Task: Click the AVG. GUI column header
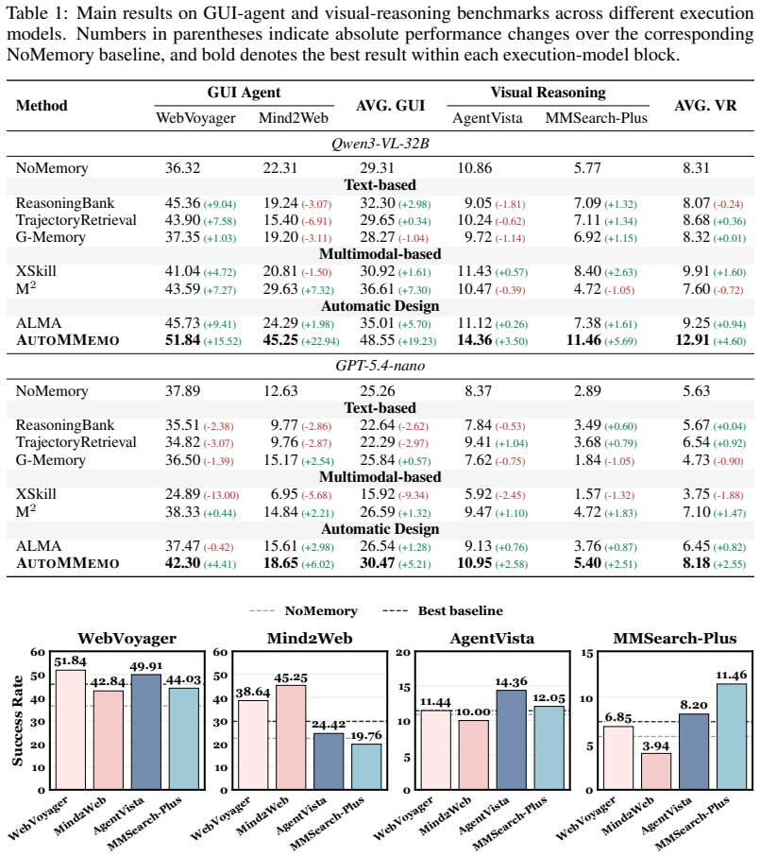click(390, 106)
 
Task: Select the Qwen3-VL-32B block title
click(380, 144)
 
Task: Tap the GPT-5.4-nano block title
click(380, 366)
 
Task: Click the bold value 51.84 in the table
click(183, 340)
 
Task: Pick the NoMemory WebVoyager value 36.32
click(183, 168)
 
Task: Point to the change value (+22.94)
click(321, 341)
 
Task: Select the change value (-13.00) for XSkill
click(221, 495)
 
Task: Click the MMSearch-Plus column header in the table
click(597, 118)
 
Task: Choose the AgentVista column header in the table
click(487, 118)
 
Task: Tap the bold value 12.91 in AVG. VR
click(693, 340)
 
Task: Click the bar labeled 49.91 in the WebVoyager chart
click(145, 732)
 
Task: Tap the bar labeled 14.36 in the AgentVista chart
click(512, 740)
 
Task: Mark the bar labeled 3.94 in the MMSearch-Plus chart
click(656, 771)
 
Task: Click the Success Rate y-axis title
click(18, 721)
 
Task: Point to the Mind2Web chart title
click(310, 639)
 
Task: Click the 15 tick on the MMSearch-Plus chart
click(586, 653)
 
